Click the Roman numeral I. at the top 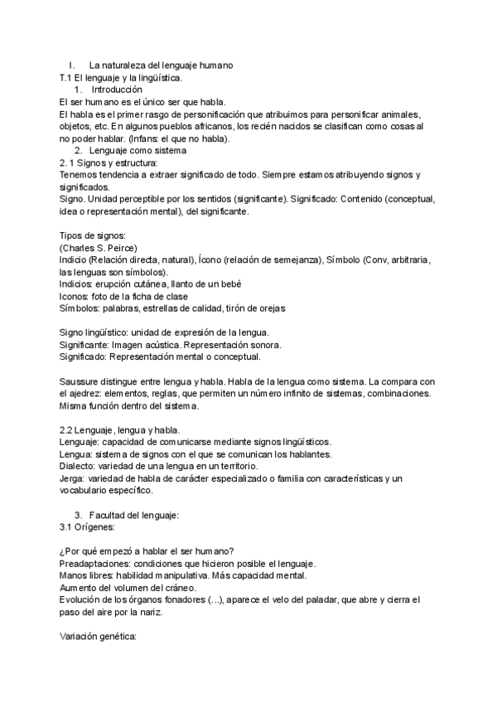pyautogui.click(x=72, y=65)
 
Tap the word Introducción pyautogui.click(x=117, y=90)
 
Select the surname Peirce pyautogui.click(x=119, y=248)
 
